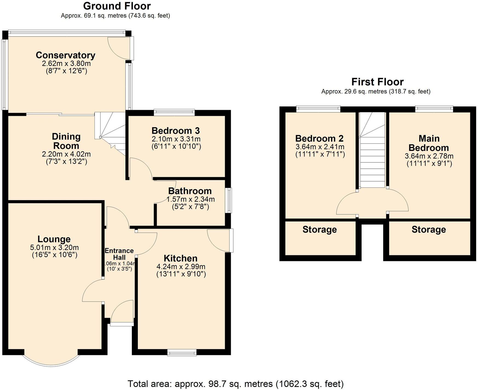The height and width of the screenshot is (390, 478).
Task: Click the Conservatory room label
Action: coord(66,55)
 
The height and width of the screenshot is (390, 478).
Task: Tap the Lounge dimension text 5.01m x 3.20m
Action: coord(54,248)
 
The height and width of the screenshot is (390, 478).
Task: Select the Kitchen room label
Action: coord(180,258)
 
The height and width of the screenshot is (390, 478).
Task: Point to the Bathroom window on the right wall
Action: coord(228,200)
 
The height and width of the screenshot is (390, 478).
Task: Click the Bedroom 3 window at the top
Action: coord(174,111)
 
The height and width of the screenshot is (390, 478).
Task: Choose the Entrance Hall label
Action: coord(119,254)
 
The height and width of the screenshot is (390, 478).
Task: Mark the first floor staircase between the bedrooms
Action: coord(372,153)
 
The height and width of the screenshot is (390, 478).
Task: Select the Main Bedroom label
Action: coord(429,143)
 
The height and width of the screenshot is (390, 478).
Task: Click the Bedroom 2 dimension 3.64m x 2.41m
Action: coord(320,147)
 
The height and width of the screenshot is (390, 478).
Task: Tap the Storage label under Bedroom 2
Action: coord(320,230)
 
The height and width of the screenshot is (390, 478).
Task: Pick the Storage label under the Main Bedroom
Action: coord(429,230)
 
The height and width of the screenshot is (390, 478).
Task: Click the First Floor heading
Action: coord(377,82)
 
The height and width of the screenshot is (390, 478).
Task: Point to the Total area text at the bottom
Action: coord(235,384)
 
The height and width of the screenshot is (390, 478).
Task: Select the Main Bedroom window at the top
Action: coord(434,109)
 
